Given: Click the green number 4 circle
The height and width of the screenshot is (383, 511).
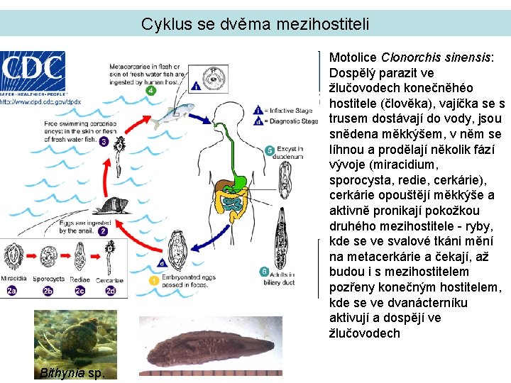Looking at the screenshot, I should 150,91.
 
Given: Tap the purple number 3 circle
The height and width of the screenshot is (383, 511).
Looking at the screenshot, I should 104,143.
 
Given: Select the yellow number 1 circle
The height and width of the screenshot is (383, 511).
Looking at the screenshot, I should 154,281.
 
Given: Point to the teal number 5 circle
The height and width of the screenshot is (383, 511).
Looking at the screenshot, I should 269,150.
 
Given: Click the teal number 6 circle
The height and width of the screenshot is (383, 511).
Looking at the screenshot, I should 263,272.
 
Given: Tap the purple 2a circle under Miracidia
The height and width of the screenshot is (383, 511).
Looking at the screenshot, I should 12,290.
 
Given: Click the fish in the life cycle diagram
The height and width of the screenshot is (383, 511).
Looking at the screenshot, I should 173,113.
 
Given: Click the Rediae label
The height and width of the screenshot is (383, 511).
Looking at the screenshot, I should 79,280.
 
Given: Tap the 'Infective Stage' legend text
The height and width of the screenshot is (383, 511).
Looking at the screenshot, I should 292,110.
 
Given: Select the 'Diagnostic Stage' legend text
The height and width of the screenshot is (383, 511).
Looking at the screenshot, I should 293,121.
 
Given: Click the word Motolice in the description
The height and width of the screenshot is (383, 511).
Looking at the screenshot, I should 353,58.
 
